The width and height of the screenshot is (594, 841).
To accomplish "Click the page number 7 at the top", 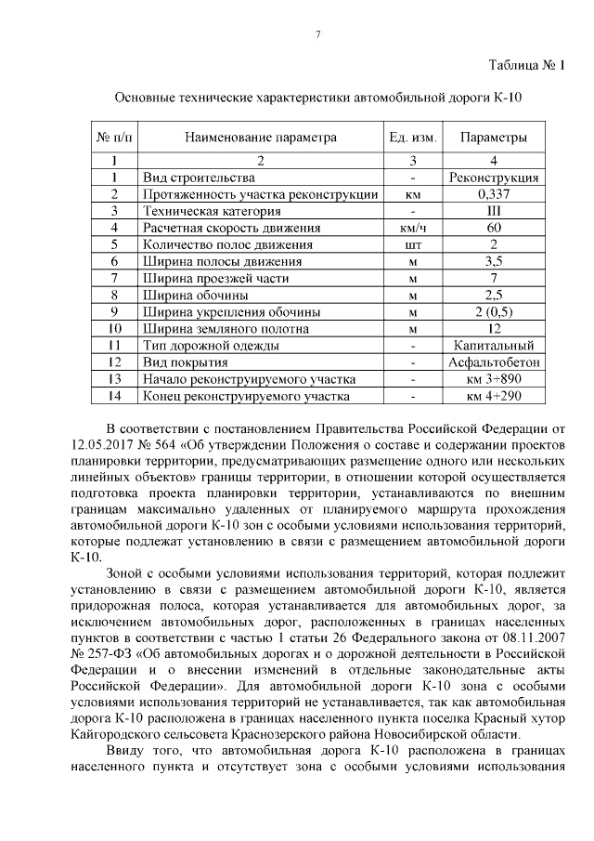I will (317, 35).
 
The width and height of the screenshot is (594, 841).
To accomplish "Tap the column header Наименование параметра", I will (259, 138).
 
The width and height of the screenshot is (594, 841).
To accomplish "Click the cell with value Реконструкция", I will (494, 177).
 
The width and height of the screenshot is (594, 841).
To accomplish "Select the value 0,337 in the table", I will (494, 193).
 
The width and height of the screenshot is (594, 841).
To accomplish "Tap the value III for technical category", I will (494, 211).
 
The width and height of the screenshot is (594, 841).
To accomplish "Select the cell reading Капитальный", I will (494, 346).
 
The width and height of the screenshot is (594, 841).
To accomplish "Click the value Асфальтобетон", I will (494, 362).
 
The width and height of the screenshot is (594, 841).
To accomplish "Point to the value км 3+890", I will (494, 379).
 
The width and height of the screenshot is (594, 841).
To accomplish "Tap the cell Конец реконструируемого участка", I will (245, 396).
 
